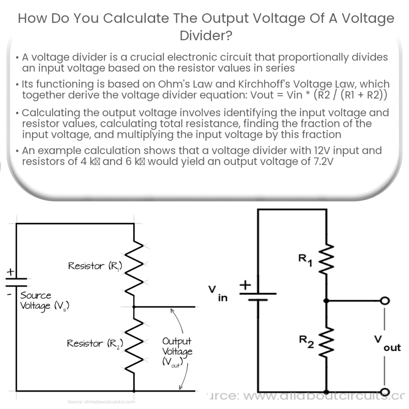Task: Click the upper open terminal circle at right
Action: point(385,301)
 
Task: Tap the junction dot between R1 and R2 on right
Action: point(327,301)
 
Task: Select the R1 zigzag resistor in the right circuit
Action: point(327,262)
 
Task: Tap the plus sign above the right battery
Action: point(244,285)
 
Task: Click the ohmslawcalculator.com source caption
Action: point(101,401)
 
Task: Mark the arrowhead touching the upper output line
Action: point(172,310)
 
